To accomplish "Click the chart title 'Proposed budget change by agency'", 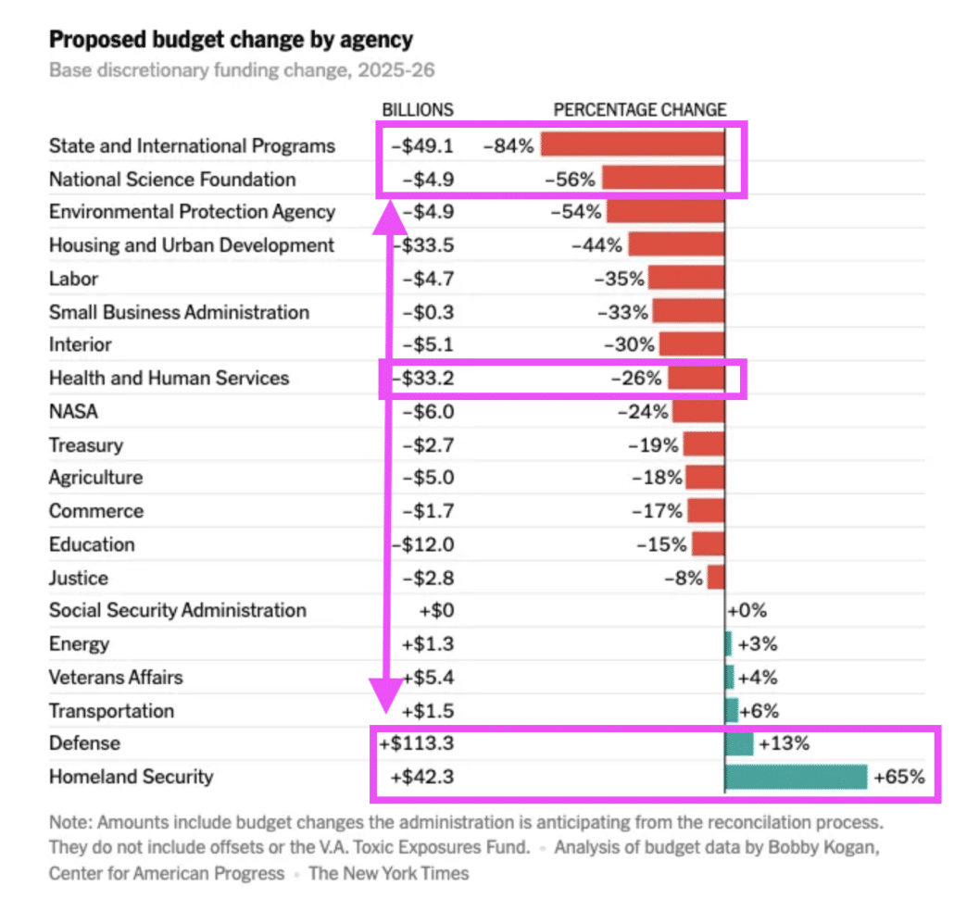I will pyautogui.click(x=231, y=40).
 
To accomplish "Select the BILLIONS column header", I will pyautogui.click(x=419, y=109).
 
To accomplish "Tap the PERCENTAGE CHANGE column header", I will pyautogui.click(x=640, y=109).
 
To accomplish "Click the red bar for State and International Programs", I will pyautogui.click(x=633, y=145).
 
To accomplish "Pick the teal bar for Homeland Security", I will pyautogui.click(x=797, y=777).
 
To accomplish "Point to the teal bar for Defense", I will pyautogui.click(x=739, y=743).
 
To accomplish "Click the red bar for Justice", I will pyautogui.click(x=716, y=578).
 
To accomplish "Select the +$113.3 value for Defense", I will pyautogui.click(x=416, y=743).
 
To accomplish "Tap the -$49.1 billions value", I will pyautogui.click(x=422, y=145).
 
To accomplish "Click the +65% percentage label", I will pyautogui.click(x=899, y=777).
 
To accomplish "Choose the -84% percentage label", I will pyautogui.click(x=508, y=145).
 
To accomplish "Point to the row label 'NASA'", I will pyautogui.click(x=73, y=411).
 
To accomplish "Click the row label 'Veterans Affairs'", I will pyautogui.click(x=116, y=677).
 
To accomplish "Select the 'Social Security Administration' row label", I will pyautogui.click(x=178, y=610).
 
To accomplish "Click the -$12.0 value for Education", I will pyautogui.click(x=422, y=544).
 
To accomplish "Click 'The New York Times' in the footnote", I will pyautogui.click(x=389, y=872).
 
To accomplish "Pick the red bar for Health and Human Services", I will pyautogui.click(x=696, y=378).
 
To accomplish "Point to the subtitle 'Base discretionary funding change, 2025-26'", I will pyautogui.click(x=242, y=70).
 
